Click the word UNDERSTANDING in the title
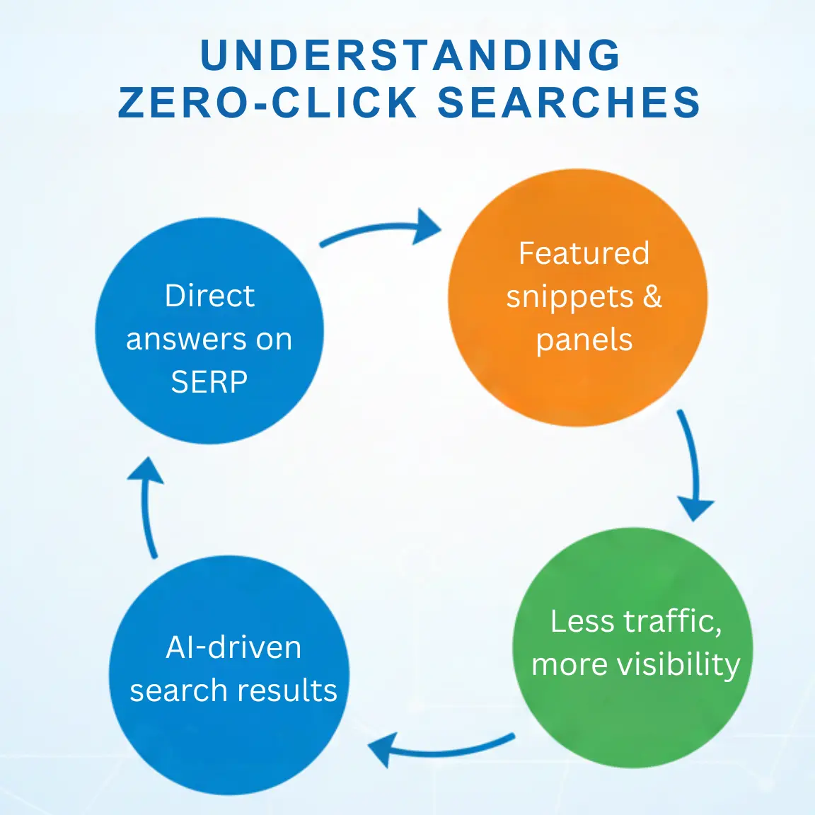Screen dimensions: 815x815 (410, 56)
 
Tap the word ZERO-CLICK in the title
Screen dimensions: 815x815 (267, 103)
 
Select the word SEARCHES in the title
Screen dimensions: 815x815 (569, 103)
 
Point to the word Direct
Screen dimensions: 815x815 (209, 296)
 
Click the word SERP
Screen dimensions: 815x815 (209, 382)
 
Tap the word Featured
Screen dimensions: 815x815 (584, 253)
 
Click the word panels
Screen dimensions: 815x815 (584, 340)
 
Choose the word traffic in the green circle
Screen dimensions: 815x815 (672, 621)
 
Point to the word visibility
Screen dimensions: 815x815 (678, 664)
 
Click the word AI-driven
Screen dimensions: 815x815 (233, 647)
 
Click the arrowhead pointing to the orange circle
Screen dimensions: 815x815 (427, 227)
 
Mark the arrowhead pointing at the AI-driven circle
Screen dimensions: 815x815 (382, 750)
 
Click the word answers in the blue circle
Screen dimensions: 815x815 (187, 340)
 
